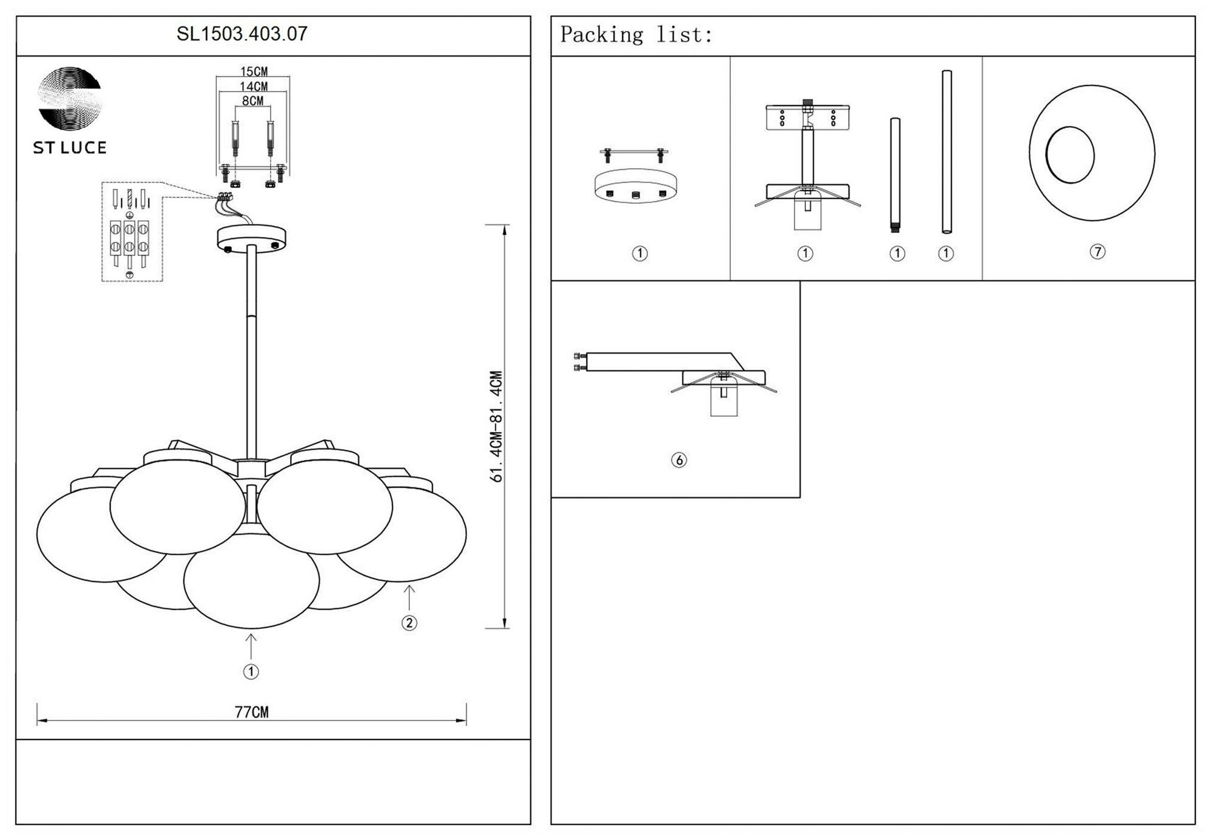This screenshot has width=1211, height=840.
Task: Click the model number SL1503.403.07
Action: coord(242,34)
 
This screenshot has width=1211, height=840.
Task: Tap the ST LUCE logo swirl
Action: coord(70,98)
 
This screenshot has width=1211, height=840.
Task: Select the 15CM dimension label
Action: coord(254,72)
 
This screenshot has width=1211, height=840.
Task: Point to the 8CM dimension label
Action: coord(253,101)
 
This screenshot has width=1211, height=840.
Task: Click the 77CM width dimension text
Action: coord(252,712)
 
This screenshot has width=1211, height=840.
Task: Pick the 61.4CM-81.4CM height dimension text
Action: coord(497,427)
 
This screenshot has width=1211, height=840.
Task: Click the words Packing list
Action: coord(636,35)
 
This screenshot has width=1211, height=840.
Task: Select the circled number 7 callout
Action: coord(1097,252)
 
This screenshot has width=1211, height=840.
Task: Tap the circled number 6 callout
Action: coord(679,461)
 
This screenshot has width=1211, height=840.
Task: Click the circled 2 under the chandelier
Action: coord(409,623)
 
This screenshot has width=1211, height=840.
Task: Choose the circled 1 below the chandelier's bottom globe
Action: coord(251,672)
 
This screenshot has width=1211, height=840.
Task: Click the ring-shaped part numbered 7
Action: coord(1092,153)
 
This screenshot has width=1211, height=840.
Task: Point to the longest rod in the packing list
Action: coord(946,151)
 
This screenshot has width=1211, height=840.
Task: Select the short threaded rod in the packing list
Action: coord(895,176)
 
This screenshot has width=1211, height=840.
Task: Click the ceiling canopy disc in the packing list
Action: coord(636,185)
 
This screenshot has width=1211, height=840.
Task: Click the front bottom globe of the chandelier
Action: coord(251,581)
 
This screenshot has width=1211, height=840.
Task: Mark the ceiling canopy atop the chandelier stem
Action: coord(251,238)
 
